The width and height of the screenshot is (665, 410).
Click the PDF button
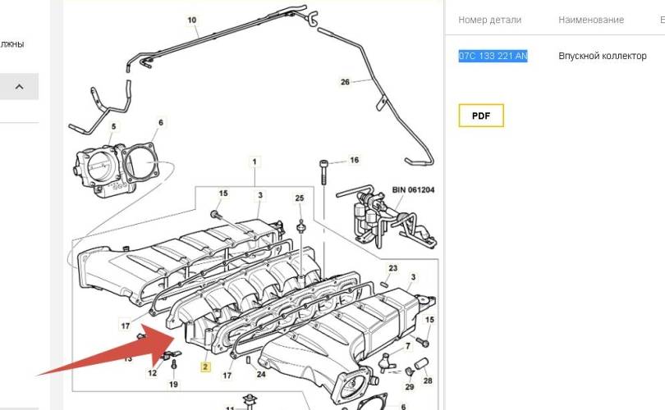pyautogui.click(x=480, y=116)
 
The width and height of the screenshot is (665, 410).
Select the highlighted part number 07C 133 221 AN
pyautogui.click(x=493, y=56)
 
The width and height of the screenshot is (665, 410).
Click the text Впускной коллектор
pyautogui.click(x=602, y=56)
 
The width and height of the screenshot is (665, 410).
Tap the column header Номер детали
pyautogui.click(x=491, y=20)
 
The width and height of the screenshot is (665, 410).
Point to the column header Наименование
pyautogui.click(x=591, y=20)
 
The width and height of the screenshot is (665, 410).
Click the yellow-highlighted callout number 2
pyautogui.click(x=205, y=367)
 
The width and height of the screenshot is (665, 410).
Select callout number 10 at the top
pyautogui.click(x=192, y=20)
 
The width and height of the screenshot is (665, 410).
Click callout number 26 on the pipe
pyautogui.click(x=345, y=81)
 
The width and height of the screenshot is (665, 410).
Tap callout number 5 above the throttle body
pyautogui.click(x=114, y=126)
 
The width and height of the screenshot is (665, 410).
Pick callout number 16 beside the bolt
pyautogui.click(x=354, y=161)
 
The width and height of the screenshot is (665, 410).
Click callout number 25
pyautogui.click(x=300, y=198)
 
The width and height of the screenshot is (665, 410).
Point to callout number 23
pyautogui.click(x=392, y=269)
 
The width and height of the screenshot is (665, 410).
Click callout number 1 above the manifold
pyautogui.click(x=255, y=161)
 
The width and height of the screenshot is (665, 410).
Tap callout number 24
pyautogui.click(x=260, y=375)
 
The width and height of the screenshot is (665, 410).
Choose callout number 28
pyautogui.click(x=427, y=380)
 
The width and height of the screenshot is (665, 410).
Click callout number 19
pyautogui.click(x=173, y=384)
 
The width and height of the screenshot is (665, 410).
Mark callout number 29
pyautogui.click(x=409, y=386)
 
